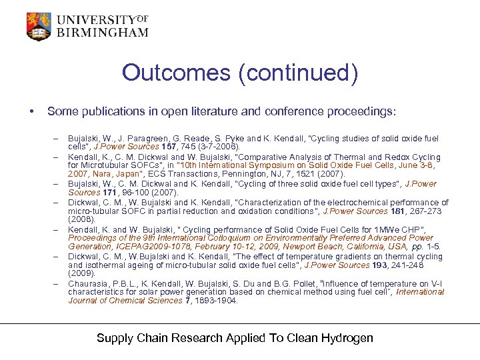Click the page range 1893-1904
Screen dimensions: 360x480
pyautogui.click(x=213, y=300)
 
